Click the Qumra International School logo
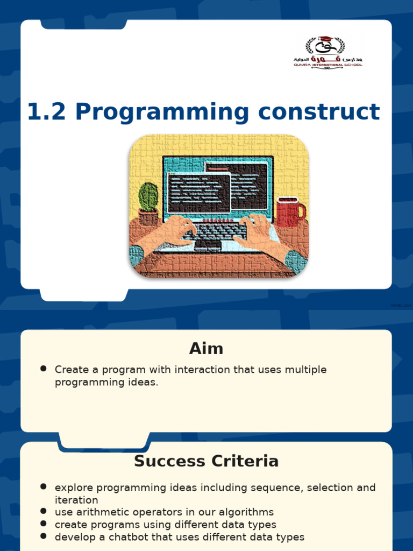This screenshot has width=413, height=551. tap(327, 52)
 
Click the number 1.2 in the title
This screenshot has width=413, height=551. tap(47, 112)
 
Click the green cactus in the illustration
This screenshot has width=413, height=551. tap(148, 196)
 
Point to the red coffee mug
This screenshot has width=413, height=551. tap(289, 212)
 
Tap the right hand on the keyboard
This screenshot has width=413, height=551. tap(257, 232)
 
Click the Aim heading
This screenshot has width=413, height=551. tap(206, 349)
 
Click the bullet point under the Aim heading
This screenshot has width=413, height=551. tap(44, 369)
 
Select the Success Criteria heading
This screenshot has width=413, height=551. tap(206, 461)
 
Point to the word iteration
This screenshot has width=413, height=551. tap(76, 500)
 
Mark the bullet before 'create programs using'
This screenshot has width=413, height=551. tap(44, 524)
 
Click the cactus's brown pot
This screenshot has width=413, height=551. tap(148, 217)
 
